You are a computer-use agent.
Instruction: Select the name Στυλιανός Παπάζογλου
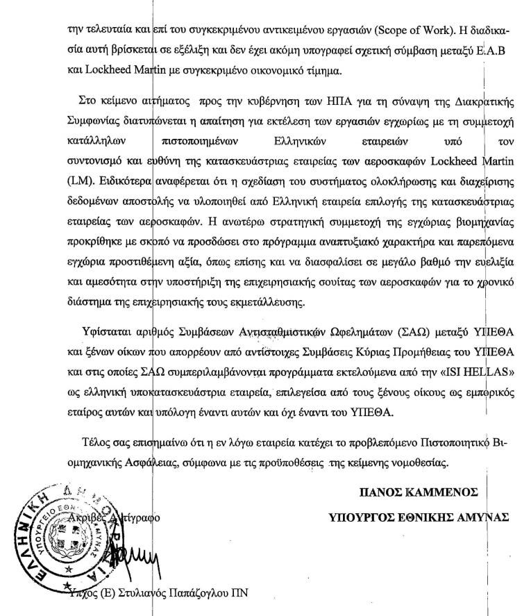178,594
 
